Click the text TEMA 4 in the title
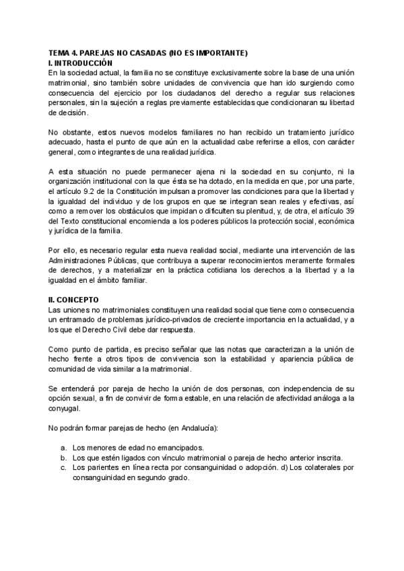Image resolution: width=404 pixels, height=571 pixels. pos(65,53)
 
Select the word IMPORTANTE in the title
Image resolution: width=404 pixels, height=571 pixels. pos(223,53)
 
